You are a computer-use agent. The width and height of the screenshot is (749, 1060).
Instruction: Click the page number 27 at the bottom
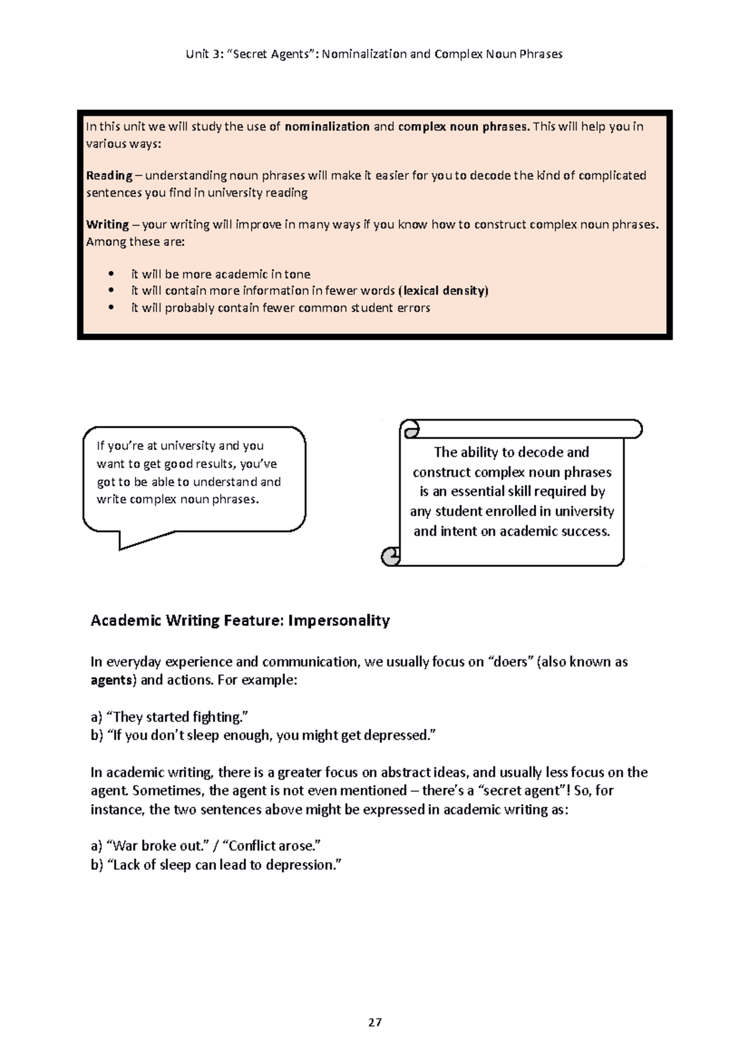point(374,1023)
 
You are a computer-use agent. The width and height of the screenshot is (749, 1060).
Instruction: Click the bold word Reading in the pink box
point(109,175)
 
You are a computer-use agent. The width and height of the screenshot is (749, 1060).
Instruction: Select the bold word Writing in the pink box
point(107,225)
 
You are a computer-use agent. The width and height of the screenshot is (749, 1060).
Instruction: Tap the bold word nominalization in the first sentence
point(327,127)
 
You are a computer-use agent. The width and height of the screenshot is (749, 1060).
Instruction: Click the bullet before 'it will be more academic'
point(111,274)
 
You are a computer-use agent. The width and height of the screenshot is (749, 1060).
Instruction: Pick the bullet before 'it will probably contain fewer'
point(111,308)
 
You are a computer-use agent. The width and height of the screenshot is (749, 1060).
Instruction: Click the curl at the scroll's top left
point(411,429)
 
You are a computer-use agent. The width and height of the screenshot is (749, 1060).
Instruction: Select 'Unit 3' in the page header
point(200,54)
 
